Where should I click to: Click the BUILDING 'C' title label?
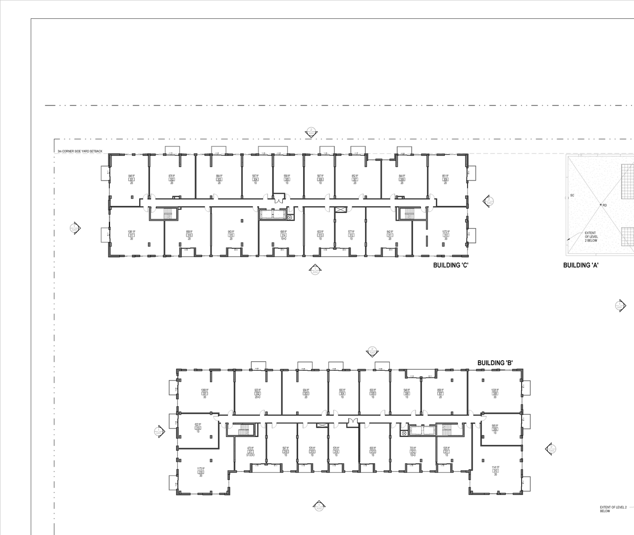[x=451, y=265]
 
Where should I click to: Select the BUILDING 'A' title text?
[x=581, y=265]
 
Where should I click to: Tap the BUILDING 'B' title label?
[x=494, y=363]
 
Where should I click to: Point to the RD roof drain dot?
[x=601, y=204]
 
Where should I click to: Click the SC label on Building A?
[x=572, y=195]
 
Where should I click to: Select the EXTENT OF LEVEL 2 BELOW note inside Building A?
[x=591, y=237]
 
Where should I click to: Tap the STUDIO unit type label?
[x=251, y=455]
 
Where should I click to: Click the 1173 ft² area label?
[x=201, y=468]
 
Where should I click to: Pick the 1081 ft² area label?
[x=131, y=232]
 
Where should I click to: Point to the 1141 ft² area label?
[x=495, y=468]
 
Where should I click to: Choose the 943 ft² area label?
[x=231, y=232]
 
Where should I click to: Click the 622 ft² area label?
[x=198, y=424]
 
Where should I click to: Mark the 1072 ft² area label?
[x=445, y=232]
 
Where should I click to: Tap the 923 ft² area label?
[x=258, y=390]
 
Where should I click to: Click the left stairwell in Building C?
[x=168, y=214]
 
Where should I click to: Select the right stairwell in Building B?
[x=447, y=430]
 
